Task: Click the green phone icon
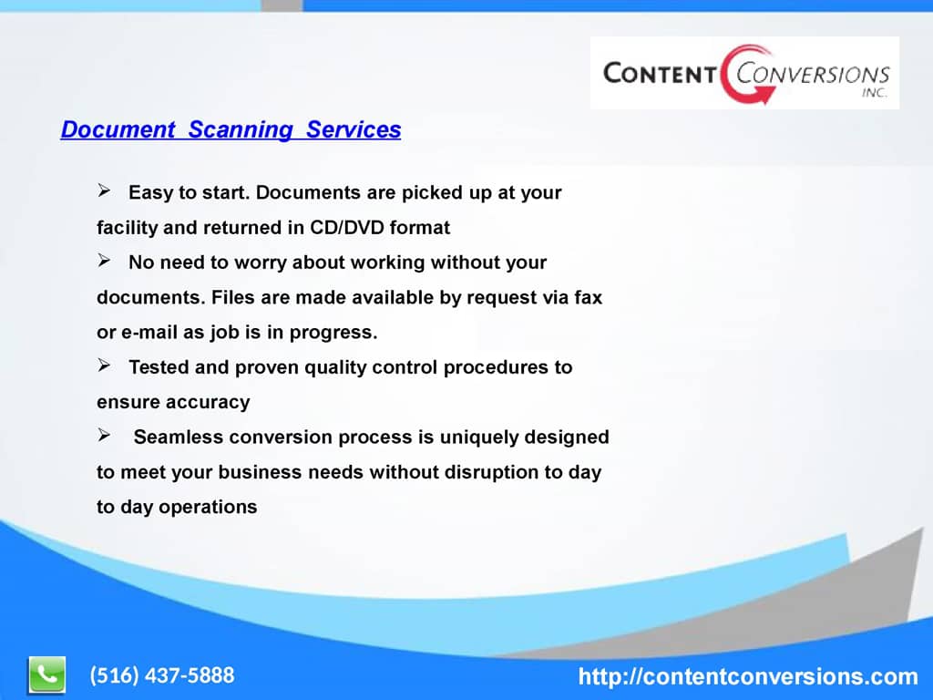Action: [x=46, y=675]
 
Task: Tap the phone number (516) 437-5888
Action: [x=161, y=675]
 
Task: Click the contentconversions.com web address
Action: [x=748, y=676]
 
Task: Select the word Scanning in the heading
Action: [x=241, y=129]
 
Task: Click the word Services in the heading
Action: [x=354, y=129]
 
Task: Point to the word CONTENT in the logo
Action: [x=659, y=73]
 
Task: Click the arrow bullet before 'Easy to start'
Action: [x=104, y=191]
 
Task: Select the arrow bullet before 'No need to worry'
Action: [x=104, y=262]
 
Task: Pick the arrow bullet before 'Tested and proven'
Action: [x=104, y=366]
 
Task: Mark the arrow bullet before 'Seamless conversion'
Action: [x=104, y=437]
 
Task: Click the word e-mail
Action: [x=146, y=333]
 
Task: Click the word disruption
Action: [x=491, y=472]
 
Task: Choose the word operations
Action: [x=208, y=508]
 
